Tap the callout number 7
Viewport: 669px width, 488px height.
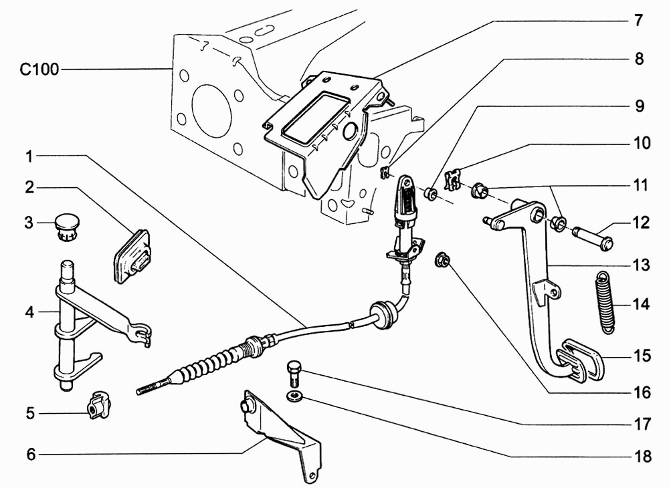pos(638,21)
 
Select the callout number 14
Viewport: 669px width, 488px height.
pos(641,305)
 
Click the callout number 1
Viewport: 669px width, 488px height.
pos(29,157)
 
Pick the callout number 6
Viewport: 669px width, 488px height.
pos(29,454)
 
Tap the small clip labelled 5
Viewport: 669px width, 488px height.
pos(98,405)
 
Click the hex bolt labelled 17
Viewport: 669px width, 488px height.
pos(294,374)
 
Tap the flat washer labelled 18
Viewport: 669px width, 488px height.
pos(294,398)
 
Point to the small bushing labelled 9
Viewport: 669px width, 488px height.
pos(432,195)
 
